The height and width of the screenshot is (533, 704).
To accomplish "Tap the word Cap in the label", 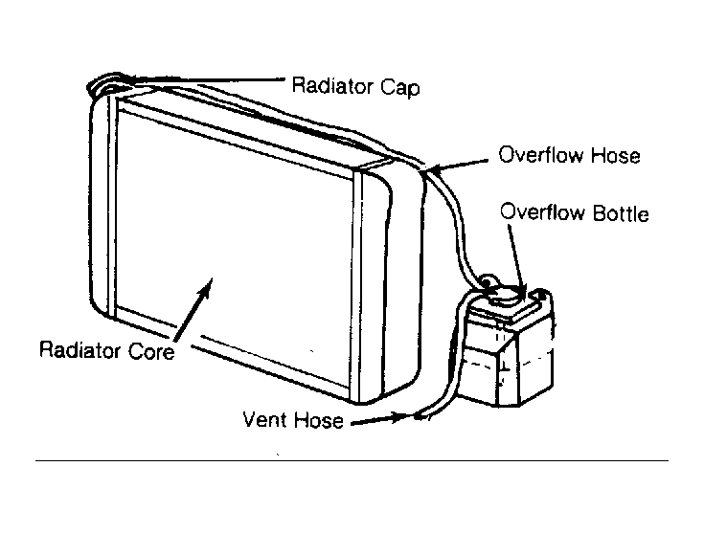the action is click(x=400, y=87).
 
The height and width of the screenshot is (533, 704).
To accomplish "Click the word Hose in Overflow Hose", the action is click(x=615, y=156).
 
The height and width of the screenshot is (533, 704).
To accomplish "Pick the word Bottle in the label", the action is click(x=621, y=213).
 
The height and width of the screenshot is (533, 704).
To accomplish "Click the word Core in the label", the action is click(x=151, y=351).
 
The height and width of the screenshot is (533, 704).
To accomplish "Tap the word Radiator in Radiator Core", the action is click(x=79, y=349).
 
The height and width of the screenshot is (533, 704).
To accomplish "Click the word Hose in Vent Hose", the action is click(x=319, y=420).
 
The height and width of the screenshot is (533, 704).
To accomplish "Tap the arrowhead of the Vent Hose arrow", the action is click(x=403, y=417).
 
